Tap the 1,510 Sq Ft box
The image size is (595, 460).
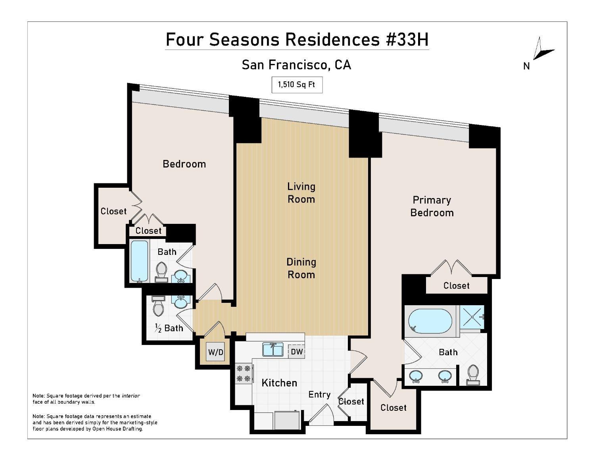click(x=297, y=85)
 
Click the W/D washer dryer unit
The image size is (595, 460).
click(x=216, y=352)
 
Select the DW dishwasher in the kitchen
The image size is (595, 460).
click(x=297, y=352)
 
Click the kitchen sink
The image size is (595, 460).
click(x=273, y=350)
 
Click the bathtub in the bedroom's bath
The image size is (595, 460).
click(x=139, y=261)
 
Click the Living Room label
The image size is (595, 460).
click(x=301, y=193)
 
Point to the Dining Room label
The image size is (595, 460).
click(x=301, y=268)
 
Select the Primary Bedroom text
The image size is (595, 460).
click(x=432, y=206)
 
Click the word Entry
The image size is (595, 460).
click(x=319, y=395)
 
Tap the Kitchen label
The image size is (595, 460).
click(x=279, y=383)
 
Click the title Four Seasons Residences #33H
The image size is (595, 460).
click(x=297, y=40)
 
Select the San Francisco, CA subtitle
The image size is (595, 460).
click(x=296, y=65)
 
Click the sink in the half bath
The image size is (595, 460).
click(x=181, y=302)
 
